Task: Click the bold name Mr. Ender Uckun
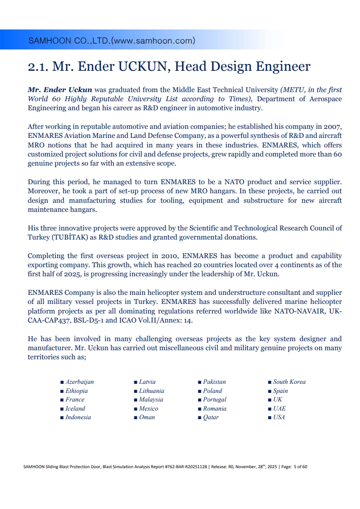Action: [60, 90]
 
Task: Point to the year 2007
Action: [333, 127]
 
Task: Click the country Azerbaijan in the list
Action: [79, 382]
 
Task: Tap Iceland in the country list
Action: [75, 408]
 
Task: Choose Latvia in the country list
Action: [147, 382]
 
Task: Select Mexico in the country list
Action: [148, 408]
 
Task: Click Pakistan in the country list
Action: [214, 382]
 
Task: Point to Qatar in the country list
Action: [211, 417]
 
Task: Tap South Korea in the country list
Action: [289, 382]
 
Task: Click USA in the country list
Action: [279, 417]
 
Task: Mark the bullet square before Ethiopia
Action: [62, 391]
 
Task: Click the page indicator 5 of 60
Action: [301, 467]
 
